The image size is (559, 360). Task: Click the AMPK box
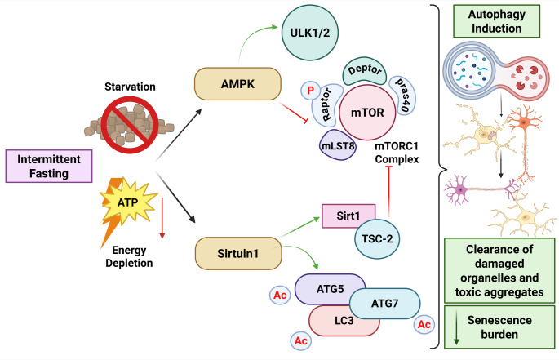coord(237,84)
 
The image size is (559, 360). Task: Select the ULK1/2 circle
coord(310,33)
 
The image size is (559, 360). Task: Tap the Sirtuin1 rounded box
coord(238,253)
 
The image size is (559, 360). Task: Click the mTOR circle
coord(367,113)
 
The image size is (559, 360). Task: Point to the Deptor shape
coord(364,71)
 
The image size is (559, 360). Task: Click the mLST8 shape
coord(338,145)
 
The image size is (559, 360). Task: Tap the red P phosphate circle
coord(310,91)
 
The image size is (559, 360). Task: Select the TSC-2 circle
coord(377,238)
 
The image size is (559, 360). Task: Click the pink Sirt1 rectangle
coord(348,216)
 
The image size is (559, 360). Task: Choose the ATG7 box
coord(385,304)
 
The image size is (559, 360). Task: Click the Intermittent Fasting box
coord(49,167)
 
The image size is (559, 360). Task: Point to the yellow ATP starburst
coord(128,202)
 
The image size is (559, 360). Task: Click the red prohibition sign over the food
coord(130,124)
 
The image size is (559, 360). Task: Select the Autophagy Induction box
coord(496,21)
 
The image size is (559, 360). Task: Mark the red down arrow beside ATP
coord(162,218)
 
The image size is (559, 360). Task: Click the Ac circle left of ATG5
coord(280,295)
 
